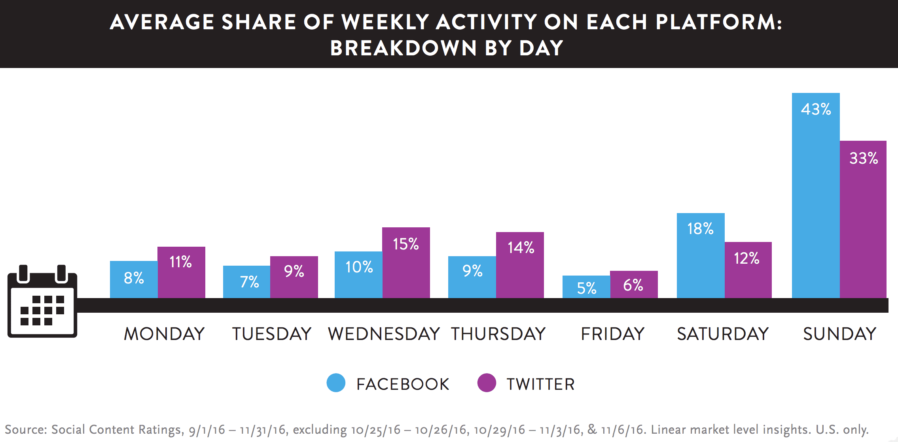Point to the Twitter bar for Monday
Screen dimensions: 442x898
click(x=181, y=277)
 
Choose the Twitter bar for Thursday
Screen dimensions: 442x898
click(x=520, y=273)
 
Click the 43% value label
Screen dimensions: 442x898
click(x=816, y=109)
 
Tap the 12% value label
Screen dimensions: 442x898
click(x=746, y=259)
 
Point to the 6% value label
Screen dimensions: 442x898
click(x=633, y=285)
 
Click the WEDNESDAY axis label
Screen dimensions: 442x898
click(x=384, y=334)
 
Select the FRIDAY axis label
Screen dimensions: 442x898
click(x=612, y=334)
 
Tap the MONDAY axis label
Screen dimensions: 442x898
click(x=164, y=334)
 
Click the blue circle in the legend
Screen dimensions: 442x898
click(x=336, y=383)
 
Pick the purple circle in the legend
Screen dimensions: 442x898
click(x=487, y=383)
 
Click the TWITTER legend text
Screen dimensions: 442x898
click(x=540, y=384)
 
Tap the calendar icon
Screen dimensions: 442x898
click(x=42, y=302)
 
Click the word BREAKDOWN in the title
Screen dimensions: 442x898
click(x=403, y=48)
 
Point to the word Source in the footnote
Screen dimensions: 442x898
click(x=26, y=429)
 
